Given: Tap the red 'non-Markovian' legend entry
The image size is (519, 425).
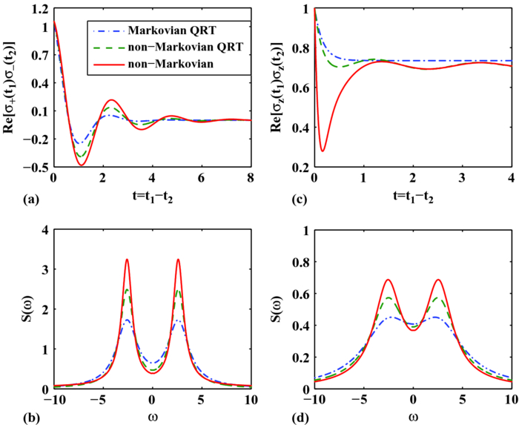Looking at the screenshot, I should click(x=168, y=62).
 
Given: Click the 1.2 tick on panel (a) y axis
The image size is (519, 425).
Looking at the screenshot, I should click(x=39, y=9).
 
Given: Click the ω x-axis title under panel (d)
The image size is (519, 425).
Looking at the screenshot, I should click(x=414, y=411).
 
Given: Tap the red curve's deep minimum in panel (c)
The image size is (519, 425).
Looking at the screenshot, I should click(x=323, y=151).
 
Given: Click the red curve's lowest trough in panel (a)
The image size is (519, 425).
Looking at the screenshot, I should click(x=82, y=165).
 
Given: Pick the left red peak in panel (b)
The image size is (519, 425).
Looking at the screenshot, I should click(x=128, y=260).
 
